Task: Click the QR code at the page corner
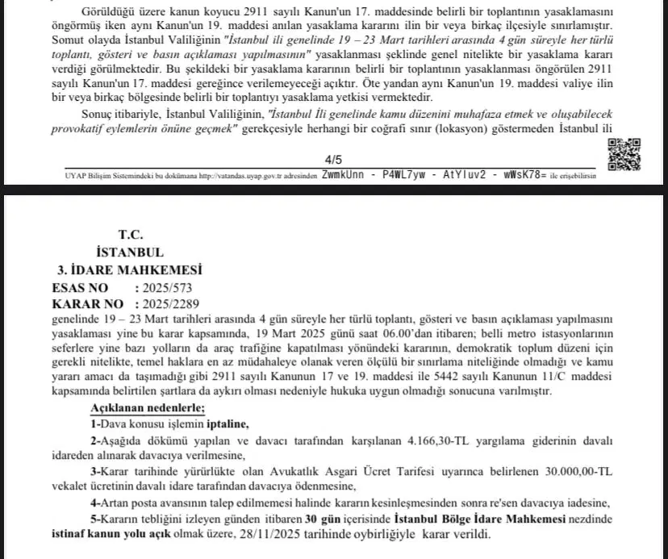tap(624, 154)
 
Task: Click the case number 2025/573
tap(167, 287)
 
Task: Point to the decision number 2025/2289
tap(170, 304)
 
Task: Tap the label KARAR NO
tap(87, 304)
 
